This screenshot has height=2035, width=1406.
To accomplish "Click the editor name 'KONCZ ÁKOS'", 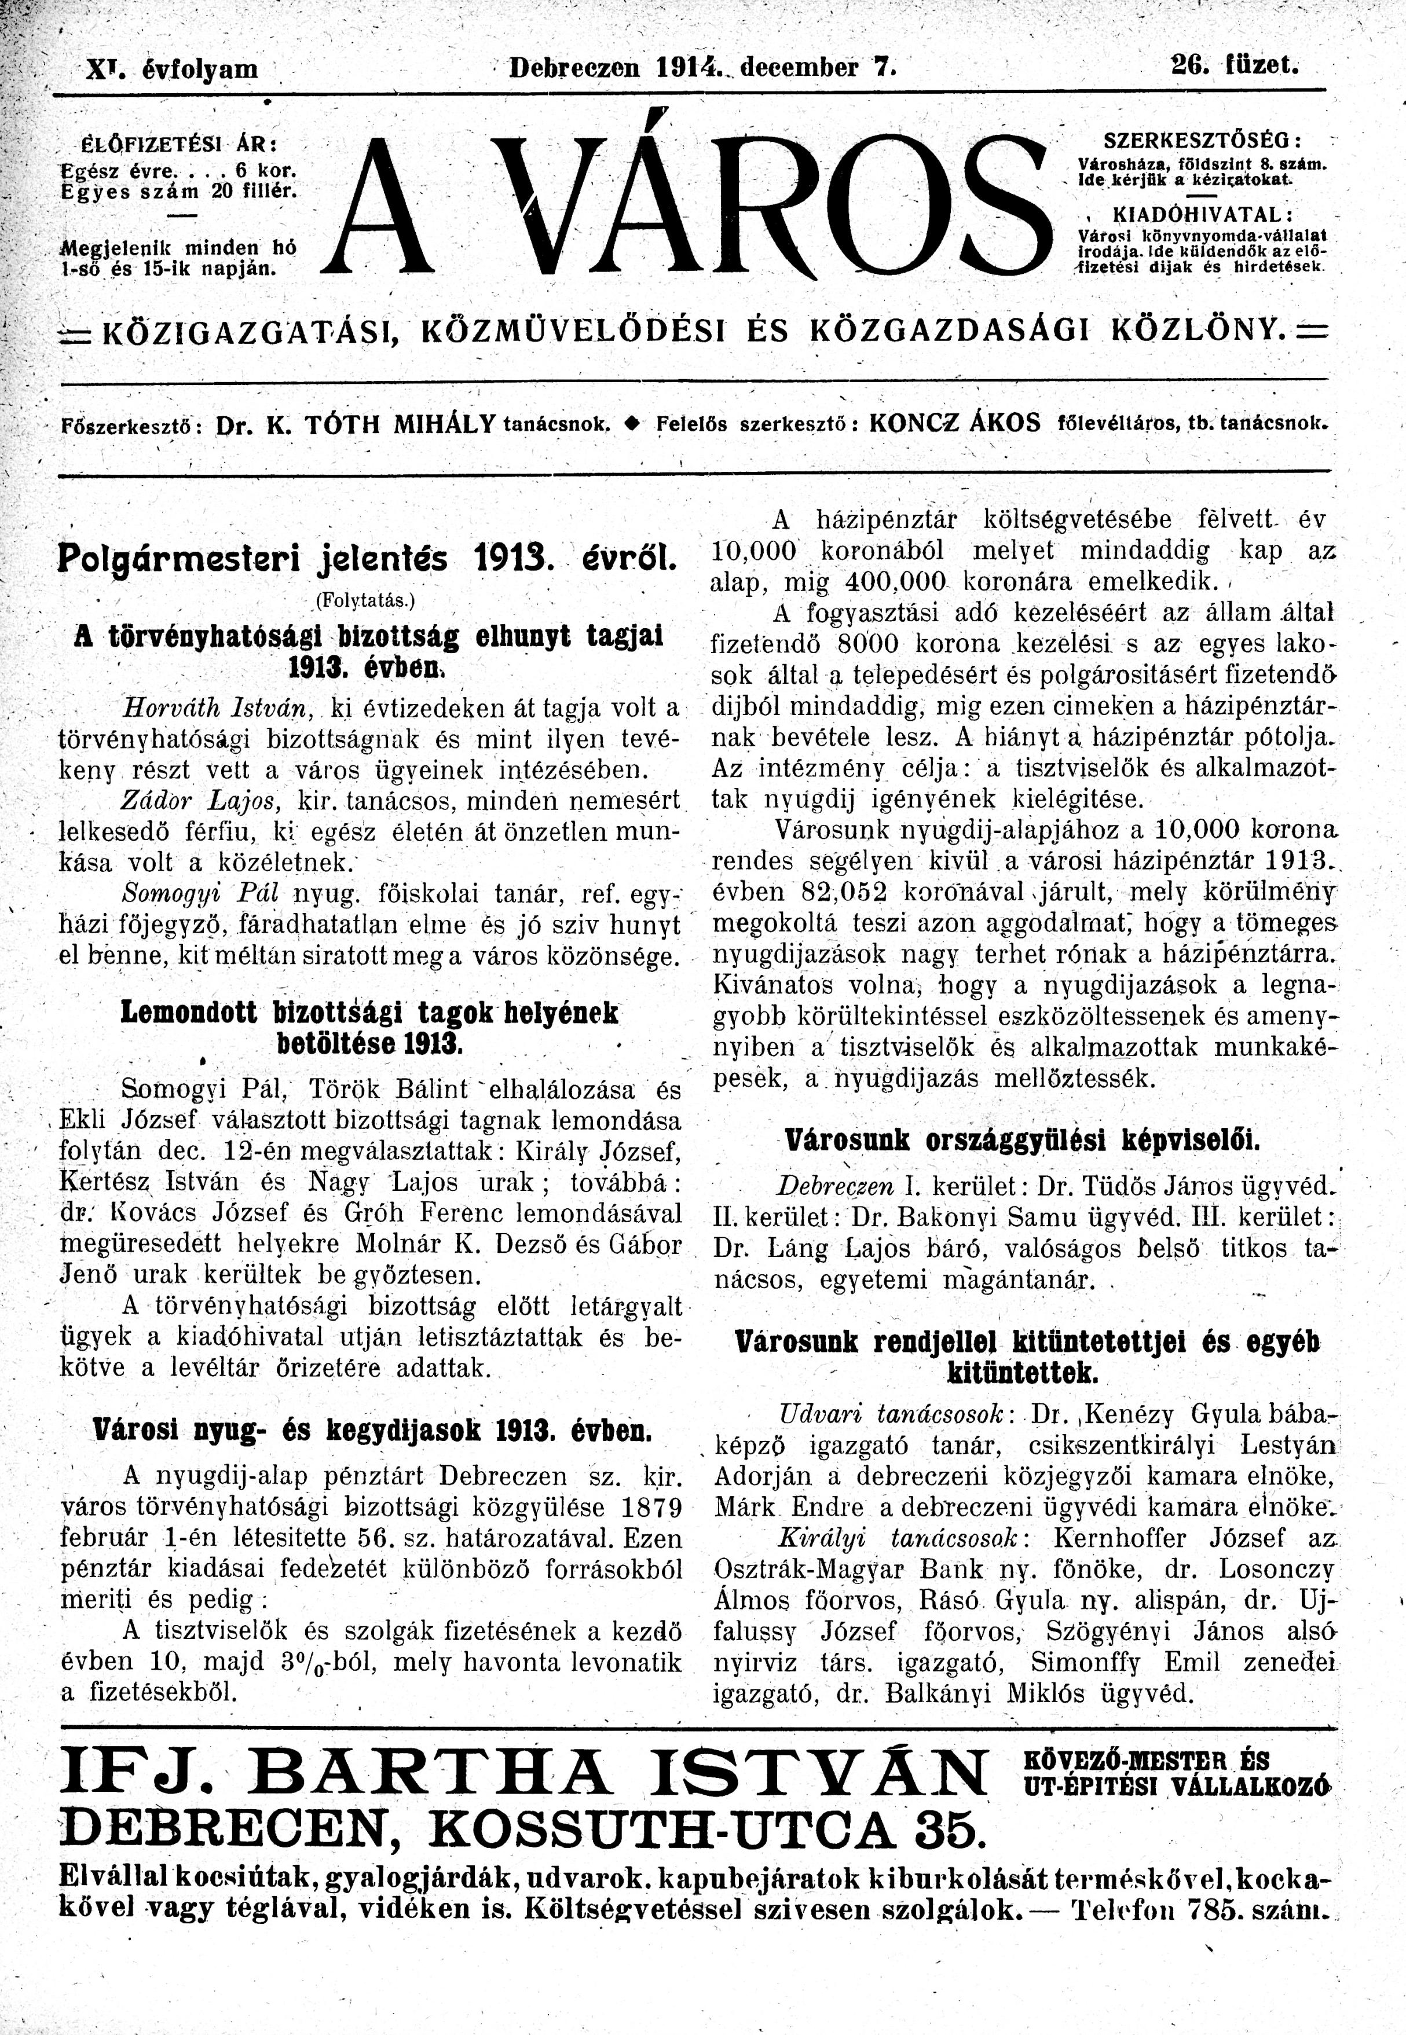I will tap(955, 422).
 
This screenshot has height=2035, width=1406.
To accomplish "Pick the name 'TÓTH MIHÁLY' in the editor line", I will tap(401, 424).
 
